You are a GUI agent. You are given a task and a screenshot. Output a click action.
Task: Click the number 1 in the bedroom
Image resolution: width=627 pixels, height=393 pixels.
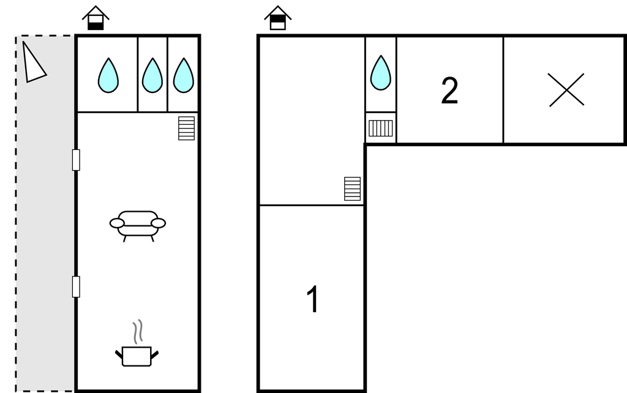point(313,299)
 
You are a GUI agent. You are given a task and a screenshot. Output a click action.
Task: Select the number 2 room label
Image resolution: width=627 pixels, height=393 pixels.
point(449,91)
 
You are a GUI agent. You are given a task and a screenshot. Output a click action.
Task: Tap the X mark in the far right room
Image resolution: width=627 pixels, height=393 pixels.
point(566,90)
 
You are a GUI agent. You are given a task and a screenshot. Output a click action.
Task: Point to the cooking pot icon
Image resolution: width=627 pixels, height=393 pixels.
point(137,356)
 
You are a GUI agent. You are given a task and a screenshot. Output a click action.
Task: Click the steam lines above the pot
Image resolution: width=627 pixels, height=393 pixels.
point(138,331)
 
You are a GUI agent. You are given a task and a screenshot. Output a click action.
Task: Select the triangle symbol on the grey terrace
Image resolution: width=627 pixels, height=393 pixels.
point(33,63)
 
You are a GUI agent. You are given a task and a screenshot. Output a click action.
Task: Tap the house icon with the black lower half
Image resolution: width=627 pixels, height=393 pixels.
point(96,18)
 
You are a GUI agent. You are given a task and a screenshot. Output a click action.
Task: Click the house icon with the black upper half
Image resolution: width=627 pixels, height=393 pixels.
point(277,18)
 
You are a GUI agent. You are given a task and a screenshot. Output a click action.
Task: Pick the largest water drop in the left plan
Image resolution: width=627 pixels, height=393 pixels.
point(108,75)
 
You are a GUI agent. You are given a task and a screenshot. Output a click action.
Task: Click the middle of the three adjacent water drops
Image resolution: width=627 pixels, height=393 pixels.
point(152,75)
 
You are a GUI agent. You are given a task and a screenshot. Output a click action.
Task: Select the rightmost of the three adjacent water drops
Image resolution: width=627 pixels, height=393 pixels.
point(184,75)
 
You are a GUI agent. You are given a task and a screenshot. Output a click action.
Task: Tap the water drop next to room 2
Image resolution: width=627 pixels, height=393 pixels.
point(381,73)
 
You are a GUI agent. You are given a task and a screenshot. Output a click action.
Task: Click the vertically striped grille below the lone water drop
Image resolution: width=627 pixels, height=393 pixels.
point(380,129)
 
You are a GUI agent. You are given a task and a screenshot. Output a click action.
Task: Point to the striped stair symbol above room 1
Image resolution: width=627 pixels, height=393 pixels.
point(352,189)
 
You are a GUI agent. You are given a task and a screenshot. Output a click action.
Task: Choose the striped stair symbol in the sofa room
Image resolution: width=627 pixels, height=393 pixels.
point(186,129)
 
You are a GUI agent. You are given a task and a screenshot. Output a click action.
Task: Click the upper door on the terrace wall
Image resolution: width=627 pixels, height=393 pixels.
point(76,160)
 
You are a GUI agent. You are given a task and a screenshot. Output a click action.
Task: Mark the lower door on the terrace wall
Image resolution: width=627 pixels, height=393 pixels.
point(76,286)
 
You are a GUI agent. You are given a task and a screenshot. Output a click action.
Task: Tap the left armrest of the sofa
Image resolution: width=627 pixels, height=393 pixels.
point(117,223)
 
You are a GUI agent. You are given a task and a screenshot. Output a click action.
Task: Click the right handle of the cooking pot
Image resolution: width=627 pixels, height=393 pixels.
point(155,354)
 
